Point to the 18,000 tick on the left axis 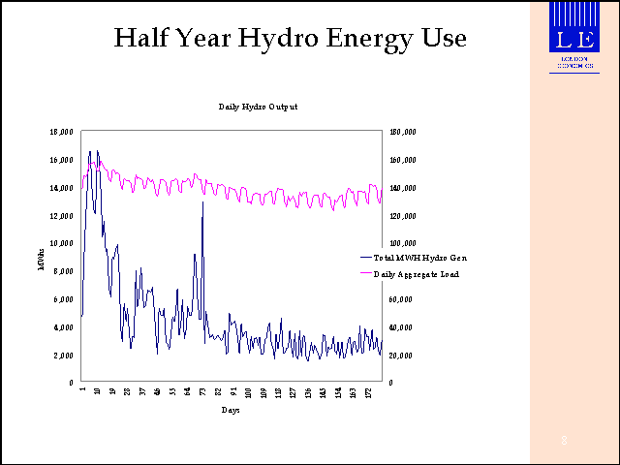63,132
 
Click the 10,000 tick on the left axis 63,243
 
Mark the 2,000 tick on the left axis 65,356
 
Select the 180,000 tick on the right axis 403,132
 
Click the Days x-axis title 231,411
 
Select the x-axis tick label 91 233,391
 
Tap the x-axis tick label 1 82,391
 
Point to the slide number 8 564,442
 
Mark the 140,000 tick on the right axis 403,188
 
